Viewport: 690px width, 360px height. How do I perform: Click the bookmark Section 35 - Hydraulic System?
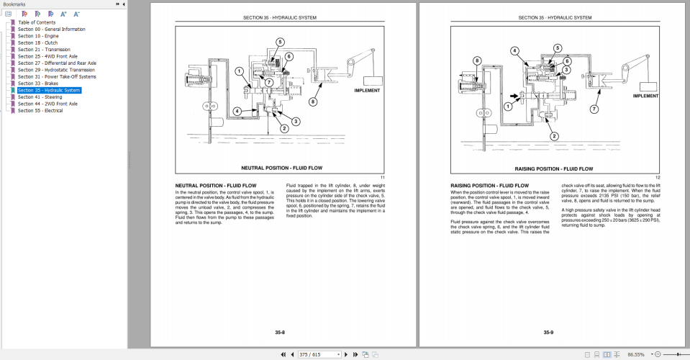49,90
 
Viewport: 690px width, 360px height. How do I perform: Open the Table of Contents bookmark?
37,22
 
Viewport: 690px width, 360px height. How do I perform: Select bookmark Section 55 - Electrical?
40,111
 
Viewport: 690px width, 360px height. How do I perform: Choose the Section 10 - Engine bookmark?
38,36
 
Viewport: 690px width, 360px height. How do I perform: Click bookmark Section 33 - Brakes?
38,84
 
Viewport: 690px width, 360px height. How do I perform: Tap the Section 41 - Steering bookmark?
40,97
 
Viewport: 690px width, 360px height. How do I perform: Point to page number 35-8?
280,332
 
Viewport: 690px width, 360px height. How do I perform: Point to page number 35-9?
548,332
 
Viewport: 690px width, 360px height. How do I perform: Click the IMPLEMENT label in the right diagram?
645,96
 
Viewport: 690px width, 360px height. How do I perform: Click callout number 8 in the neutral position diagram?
313,102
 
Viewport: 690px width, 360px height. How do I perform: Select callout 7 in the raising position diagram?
594,109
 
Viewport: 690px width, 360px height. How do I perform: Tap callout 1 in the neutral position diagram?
238,71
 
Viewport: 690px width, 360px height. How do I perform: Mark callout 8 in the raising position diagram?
477,61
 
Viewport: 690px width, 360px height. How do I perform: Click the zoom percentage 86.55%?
636,354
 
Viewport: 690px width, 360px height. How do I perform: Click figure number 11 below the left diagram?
383,177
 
